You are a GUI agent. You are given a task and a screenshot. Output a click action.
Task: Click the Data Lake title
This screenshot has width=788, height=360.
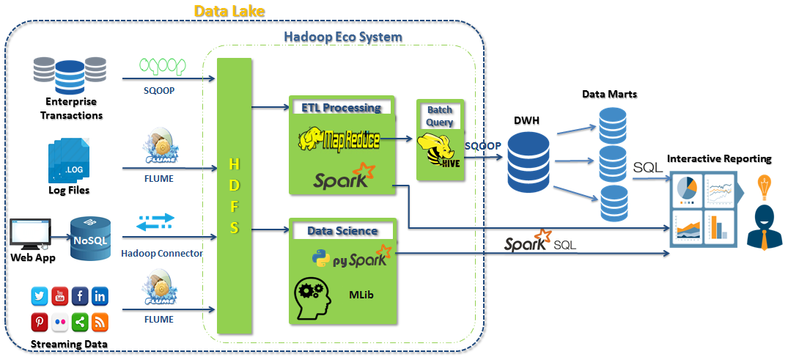coord(229,10)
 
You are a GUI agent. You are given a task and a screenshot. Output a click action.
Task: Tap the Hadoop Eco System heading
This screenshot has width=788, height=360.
coord(343,37)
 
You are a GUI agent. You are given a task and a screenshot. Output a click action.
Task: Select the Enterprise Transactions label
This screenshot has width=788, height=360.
coord(71,109)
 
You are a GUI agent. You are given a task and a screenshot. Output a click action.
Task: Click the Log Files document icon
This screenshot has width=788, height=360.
coord(70,161)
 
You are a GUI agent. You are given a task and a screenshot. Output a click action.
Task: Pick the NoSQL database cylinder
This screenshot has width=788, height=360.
coord(90,238)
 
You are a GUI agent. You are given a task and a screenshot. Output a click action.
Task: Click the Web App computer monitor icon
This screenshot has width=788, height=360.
coord(31,234)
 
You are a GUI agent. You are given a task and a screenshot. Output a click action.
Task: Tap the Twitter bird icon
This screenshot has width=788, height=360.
coord(40,296)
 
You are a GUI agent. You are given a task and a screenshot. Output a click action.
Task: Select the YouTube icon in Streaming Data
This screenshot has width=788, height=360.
coord(60,296)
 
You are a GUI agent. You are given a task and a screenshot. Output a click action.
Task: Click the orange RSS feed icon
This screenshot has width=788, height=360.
coord(100,321)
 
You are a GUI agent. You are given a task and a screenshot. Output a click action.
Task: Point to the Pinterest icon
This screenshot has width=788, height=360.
coord(40,321)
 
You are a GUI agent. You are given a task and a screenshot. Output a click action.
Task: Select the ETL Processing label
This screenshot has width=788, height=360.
coord(342,108)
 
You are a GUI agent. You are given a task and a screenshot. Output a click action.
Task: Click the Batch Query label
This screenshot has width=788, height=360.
coord(440,116)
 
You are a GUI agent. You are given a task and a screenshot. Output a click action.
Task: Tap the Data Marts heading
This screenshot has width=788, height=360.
coord(609,94)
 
